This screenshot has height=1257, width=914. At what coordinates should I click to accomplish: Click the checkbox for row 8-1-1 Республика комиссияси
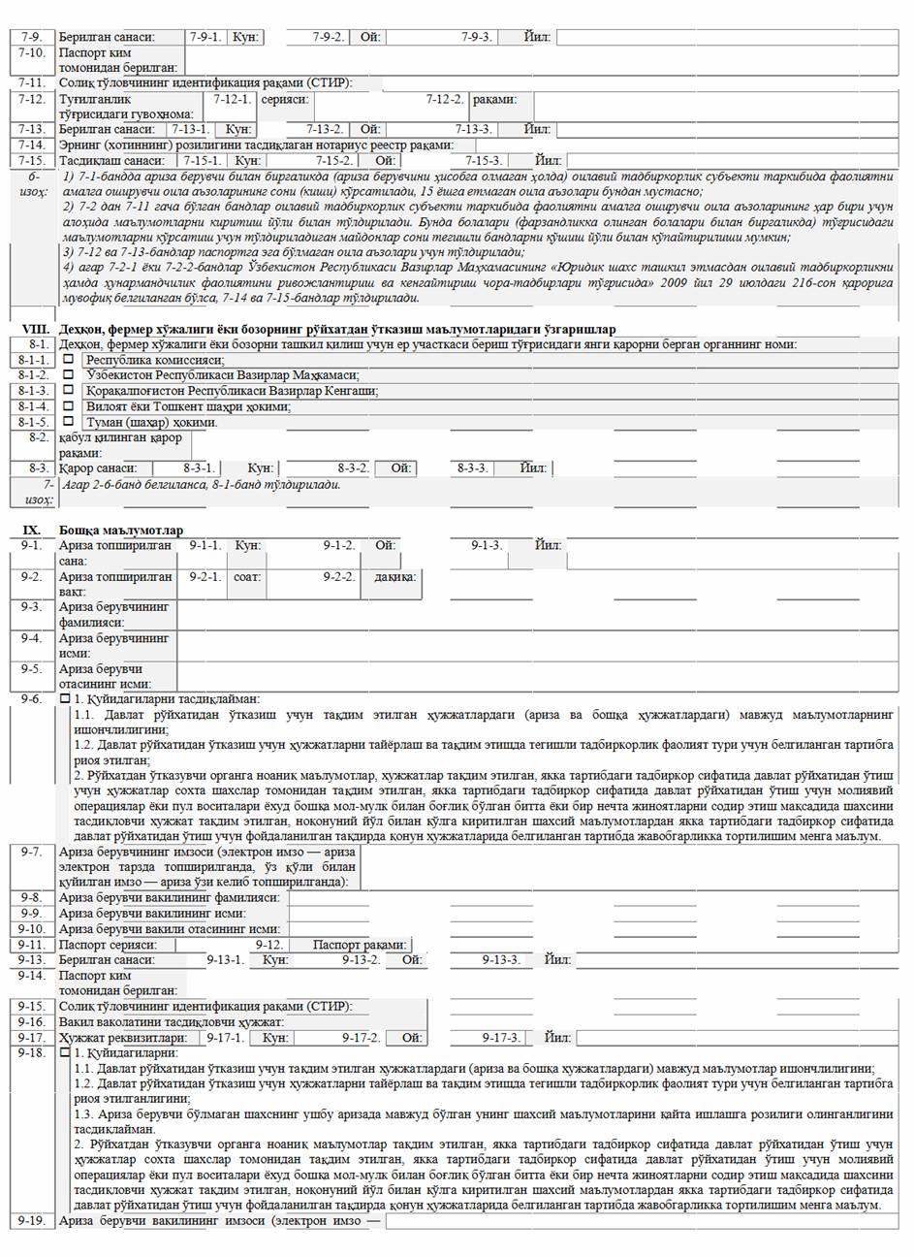[69, 359]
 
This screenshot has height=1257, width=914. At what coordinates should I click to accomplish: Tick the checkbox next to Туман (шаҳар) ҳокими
[69, 422]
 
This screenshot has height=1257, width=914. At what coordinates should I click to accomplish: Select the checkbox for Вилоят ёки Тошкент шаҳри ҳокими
[69, 406]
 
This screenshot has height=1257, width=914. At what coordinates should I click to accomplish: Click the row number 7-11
[31, 82]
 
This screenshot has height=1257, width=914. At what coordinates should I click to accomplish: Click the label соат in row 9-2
[246, 577]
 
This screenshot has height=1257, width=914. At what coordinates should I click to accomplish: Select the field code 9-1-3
[487, 545]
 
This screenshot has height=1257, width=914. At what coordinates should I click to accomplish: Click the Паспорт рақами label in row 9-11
[360, 945]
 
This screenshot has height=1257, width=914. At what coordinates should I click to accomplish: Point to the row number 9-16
[31, 1022]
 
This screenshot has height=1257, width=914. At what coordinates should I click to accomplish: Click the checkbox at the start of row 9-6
[65, 698]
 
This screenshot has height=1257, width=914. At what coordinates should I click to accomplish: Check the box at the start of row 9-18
[65, 1052]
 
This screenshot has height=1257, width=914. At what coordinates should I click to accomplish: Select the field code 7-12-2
[445, 99]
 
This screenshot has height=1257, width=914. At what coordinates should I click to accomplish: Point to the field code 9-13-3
[502, 960]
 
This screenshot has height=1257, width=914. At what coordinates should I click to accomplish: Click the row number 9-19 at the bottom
[31, 1220]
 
